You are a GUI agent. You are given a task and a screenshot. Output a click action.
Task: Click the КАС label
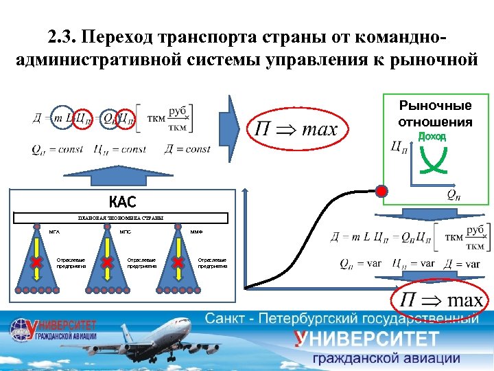[122, 201]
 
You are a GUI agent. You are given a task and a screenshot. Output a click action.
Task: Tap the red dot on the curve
[381, 190]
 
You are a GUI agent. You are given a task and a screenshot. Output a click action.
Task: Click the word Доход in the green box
[432, 137]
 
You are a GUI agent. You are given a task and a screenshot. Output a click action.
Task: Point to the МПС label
[126, 232]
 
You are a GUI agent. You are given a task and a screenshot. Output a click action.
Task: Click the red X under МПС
[107, 262]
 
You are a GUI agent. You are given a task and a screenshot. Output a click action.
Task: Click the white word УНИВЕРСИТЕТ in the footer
[367, 339]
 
